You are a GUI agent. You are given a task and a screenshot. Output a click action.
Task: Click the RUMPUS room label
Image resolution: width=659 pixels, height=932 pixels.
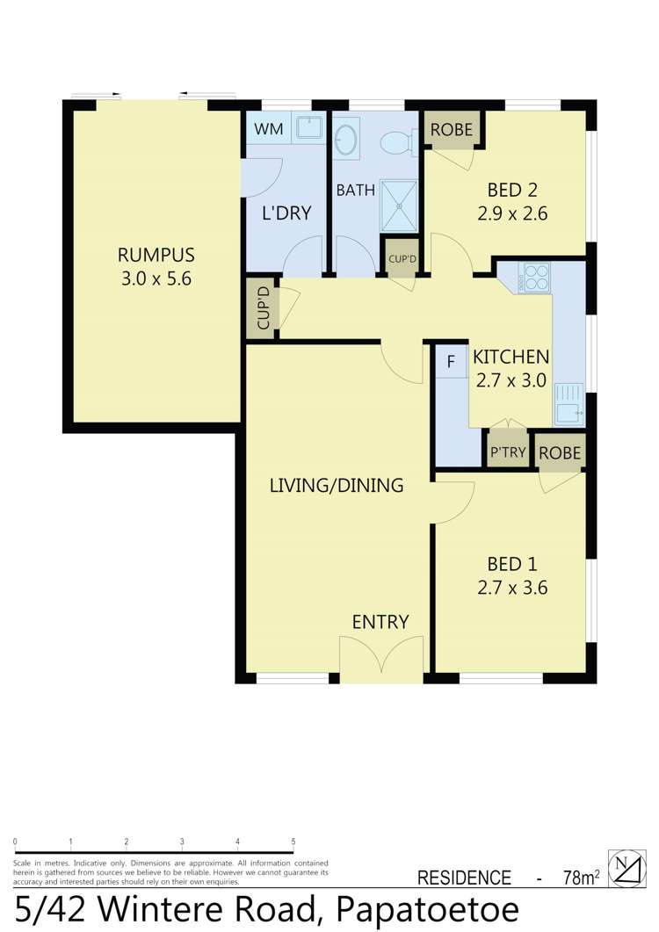point(156,256)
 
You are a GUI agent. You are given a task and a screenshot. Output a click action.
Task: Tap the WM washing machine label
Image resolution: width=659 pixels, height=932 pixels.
point(269,130)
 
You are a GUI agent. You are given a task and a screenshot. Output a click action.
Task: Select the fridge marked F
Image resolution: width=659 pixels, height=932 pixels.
point(452,361)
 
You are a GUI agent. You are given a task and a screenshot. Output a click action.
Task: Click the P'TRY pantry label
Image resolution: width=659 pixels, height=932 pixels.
point(507,453)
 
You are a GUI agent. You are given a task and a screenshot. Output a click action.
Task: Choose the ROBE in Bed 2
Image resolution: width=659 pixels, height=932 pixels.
point(451,130)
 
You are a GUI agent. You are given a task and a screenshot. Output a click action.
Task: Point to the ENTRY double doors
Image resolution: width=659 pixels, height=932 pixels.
point(380,659)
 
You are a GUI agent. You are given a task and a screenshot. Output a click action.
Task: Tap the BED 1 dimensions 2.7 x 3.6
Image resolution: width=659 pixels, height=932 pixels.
point(518,589)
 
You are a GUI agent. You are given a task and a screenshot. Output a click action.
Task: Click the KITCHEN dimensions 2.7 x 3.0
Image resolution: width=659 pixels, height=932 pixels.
point(511,380)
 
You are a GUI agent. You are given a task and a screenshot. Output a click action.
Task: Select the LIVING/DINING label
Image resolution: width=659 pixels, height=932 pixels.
point(337,485)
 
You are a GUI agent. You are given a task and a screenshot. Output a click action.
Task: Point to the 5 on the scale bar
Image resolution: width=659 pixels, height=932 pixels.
point(293,841)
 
